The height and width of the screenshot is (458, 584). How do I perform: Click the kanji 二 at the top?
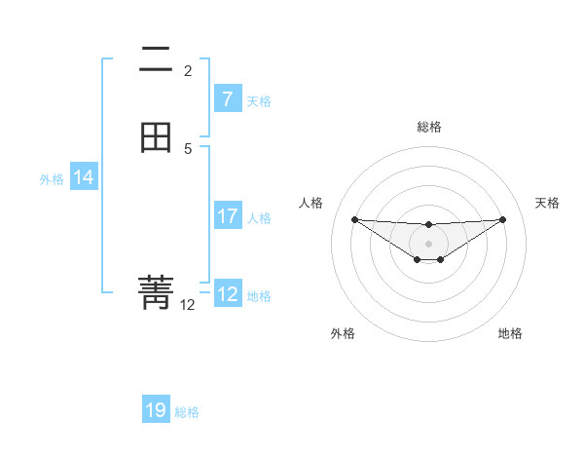[x=156, y=60]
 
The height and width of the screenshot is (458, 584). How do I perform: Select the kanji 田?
[x=156, y=136]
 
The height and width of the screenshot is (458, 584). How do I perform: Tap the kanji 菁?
[x=156, y=291]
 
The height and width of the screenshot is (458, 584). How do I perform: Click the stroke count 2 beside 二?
[x=188, y=71]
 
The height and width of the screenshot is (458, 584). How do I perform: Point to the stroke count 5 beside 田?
[x=188, y=149]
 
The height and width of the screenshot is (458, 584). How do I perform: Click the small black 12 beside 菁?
[x=188, y=305]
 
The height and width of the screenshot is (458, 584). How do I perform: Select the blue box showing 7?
[x=227, y=99]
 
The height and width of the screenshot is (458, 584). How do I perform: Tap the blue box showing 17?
[x=227, y=216]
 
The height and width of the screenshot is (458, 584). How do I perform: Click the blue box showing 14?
[x=83, y=177]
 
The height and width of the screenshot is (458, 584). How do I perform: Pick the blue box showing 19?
[x=156, y=410]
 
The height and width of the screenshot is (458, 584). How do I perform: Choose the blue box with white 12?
[x=227, y=294]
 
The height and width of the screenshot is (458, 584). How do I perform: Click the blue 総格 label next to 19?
[x=187, y=412]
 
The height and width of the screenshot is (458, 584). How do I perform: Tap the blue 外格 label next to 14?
[x=52, y=179]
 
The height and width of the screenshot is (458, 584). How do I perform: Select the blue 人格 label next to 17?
[x=260, y=218]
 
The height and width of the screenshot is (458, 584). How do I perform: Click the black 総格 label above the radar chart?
[x=428, y=127]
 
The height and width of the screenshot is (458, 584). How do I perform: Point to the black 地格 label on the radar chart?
[x=510, y=333]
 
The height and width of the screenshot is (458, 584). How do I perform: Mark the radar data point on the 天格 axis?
[x=502, y=219]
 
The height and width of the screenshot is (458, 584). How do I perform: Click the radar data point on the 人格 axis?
[x=354, y=219]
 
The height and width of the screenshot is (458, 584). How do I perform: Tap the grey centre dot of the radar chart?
[x=428, y=243]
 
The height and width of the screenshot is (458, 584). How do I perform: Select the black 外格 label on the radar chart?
[x=343, y=333]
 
